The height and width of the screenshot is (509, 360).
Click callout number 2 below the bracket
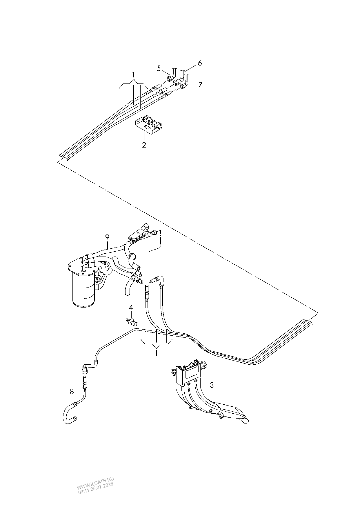[144, 145]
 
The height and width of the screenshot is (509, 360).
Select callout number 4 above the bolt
[131, 307]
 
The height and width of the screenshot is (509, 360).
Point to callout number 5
[159, 68]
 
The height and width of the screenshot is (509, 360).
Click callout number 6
[199, 63]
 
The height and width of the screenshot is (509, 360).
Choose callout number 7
[200, 85]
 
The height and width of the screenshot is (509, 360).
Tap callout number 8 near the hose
[72, 392]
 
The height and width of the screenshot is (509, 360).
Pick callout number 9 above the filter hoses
[107, 237]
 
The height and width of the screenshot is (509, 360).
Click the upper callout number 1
[133, 75]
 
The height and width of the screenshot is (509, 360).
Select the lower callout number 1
[157, 353]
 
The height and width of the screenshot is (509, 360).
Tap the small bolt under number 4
[131, 321]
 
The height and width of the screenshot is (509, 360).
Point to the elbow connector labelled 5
[172, 76]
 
